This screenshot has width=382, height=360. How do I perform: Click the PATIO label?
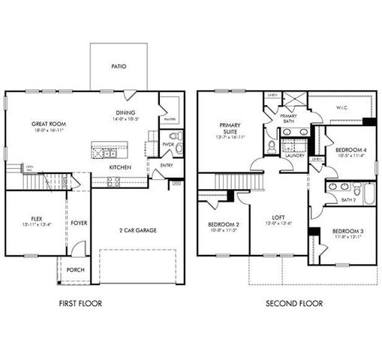[x=119, y=67]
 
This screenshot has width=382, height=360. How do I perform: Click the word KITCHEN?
[x=121, y=167]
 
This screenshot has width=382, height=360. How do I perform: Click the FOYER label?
[x=80, y=223]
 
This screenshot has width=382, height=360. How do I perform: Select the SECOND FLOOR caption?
[x=294, y=304]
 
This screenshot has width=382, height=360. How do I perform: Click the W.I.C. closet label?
[x=342, y=107]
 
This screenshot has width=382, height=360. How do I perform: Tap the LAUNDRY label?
[x=293, y=155]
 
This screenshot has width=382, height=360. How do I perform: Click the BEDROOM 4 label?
[x=350, y=150]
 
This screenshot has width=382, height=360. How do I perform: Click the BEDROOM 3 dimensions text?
[x=347, y=237]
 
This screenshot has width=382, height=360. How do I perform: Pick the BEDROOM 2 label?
[x=223, y=225]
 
